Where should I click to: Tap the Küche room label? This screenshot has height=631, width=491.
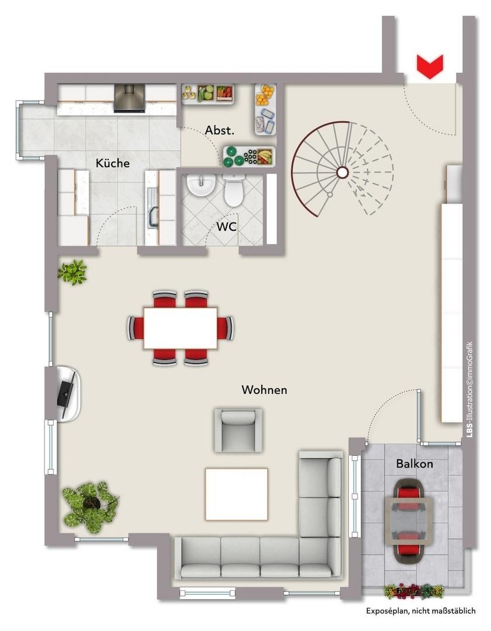113,163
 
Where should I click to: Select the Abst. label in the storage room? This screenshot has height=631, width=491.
220,130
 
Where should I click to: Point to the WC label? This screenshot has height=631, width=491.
227,227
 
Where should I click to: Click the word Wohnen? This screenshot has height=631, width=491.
264,390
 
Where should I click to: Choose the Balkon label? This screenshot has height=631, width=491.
414,463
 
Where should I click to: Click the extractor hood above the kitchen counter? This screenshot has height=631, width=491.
129,98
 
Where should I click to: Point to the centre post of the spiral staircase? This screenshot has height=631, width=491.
342,172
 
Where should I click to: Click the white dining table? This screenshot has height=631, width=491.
181,328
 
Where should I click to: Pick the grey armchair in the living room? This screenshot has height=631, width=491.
238,430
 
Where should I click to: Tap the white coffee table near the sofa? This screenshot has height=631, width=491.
237,494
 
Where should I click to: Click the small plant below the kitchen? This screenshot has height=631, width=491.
72,272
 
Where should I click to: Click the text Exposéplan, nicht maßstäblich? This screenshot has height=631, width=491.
421,611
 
